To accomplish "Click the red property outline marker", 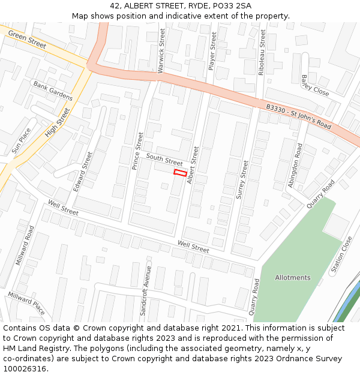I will [x=180, y=173].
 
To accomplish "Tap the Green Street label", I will [x=27, y=41].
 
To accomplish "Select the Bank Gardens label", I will [x=53, y=91].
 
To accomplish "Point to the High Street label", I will [x=58, y=122].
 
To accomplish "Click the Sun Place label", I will [x=21, y=140].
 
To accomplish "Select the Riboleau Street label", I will [x=262, y=53].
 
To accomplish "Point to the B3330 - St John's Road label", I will [x=299, y=116].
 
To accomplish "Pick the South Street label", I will [x=164, y=160].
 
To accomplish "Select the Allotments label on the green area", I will [x=293, y=278].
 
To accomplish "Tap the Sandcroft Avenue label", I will [x=144, y=290].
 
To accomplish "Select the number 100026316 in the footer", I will [x=25, y=369].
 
